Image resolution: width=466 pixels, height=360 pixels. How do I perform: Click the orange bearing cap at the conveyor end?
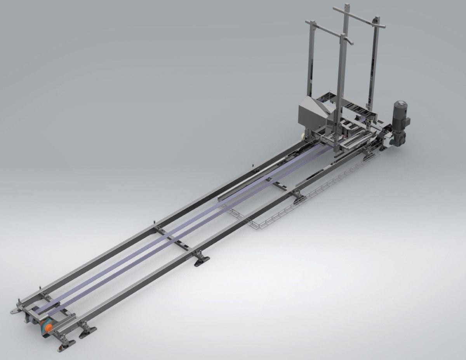tap(48, 327)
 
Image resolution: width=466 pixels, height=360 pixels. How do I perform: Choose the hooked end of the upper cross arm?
tap(383, 26)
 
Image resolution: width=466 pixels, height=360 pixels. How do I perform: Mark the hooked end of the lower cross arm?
tap(351, 42)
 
